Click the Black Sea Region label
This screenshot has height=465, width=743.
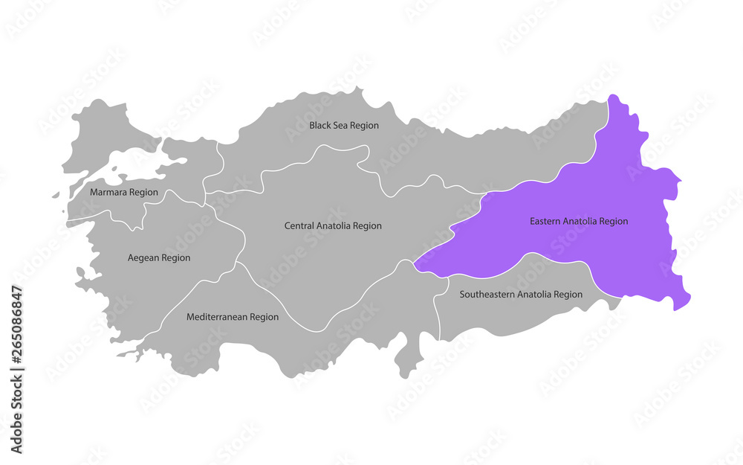coord(344,126)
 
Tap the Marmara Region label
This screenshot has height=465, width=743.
coord(123,192)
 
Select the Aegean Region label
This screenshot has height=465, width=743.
coord(159,258)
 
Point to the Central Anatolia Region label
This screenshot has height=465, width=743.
coord(333,225)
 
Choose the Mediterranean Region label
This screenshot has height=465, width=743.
coord(233,317)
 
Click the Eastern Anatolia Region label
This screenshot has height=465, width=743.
coord(579,221)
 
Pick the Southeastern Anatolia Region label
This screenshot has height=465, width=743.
coord(521,295)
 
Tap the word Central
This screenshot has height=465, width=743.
coord(299,225)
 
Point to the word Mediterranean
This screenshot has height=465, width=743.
coord(217,317)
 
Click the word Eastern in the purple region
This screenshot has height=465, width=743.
coord(545,221)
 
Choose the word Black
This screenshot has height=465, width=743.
coord(320,126)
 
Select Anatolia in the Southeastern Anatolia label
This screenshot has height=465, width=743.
coord(533,295)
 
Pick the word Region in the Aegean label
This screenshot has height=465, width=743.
coord(176,258)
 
